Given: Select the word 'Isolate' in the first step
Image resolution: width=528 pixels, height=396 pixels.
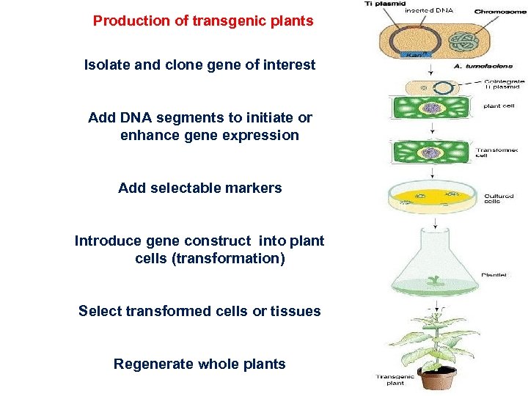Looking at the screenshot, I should (108, 65).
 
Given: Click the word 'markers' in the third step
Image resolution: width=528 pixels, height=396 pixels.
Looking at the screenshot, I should (254, 188).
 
